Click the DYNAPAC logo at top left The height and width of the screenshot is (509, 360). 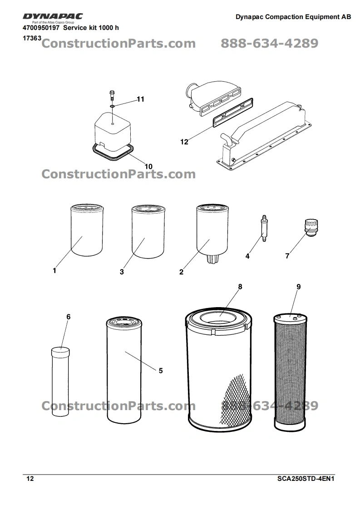(53, 16)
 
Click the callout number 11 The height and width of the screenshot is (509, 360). (140, 99)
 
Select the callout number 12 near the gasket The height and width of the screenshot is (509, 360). (184, 142)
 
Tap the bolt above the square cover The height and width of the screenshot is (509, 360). (112, 95)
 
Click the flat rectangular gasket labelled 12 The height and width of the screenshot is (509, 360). (232, 112)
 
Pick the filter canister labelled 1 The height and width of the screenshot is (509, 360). (87, 230)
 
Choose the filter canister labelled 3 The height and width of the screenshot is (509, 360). (148, 231)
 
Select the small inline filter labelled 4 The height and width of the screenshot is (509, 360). (264, 228)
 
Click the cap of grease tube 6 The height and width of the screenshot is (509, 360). (60, 351)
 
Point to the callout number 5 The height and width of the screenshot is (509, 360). (161, 371)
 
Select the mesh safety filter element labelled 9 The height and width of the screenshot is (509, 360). (290, 372)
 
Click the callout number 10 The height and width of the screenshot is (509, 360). (148, 166)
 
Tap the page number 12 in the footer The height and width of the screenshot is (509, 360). (30, 479)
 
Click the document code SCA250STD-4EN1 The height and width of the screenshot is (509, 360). (306, 479)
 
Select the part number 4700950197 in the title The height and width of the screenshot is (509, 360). (41, 28)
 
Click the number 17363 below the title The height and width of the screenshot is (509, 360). (32, 38)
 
